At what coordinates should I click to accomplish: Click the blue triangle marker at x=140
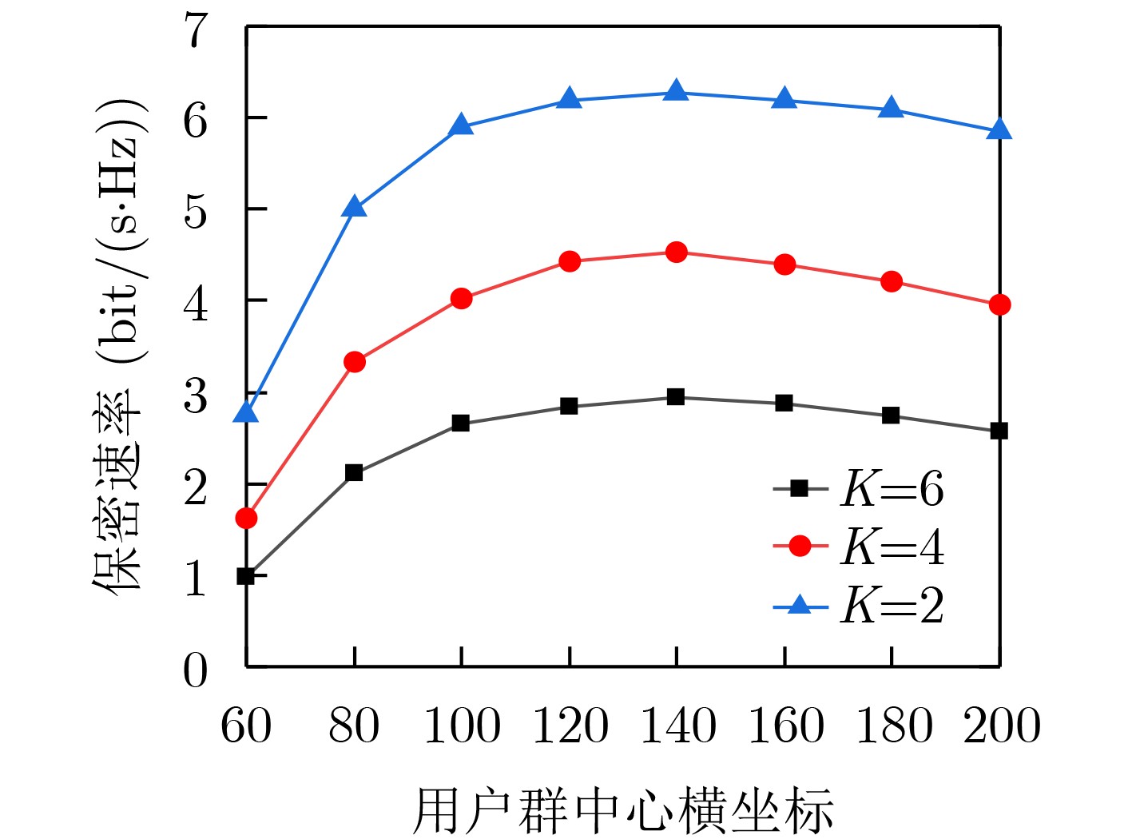click(676, 91)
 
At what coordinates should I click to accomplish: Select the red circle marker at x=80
click(355, 362)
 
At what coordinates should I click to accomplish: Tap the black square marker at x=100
click(461, 423)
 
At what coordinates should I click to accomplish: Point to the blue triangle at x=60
click(246, 412)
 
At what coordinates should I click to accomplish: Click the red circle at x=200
click(999, 304)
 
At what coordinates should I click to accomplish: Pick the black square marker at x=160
click(784, 403)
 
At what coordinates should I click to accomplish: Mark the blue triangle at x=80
click(355, 208)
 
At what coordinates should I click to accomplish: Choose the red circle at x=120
click(570, 261)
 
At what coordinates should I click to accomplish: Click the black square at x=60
click(246, 575)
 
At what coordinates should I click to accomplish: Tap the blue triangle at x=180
click(892, 109)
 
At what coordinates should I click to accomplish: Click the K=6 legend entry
click(859, 488)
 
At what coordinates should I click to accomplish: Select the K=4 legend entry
click(859, 547)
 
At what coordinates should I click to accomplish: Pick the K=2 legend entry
click(859, 605)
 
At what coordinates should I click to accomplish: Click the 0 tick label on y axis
click(196, 670)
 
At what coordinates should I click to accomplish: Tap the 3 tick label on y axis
click(196, 396)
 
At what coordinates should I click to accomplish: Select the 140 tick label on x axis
click(677, 725)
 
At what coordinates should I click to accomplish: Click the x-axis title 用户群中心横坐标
click(623, 810)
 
